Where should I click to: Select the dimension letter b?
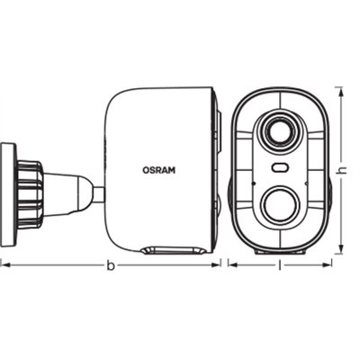110,265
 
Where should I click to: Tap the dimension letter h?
342,171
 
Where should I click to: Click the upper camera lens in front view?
279,131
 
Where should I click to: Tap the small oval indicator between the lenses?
279,168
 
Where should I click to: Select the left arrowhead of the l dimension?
231,265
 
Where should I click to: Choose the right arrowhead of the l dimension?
330,265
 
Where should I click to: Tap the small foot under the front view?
279,252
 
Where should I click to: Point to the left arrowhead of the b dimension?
3,265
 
